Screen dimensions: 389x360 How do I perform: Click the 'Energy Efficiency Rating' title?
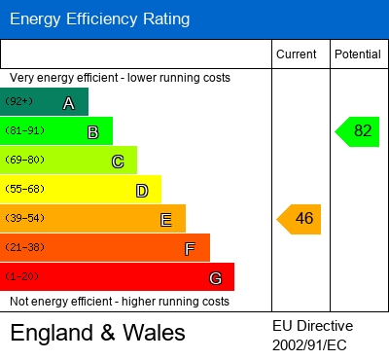(100, 19)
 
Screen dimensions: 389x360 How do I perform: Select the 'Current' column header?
(297, 54)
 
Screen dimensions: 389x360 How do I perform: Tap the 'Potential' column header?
(358, 54)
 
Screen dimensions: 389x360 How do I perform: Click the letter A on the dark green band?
(69, 103)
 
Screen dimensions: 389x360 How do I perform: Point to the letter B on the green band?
(93, 132)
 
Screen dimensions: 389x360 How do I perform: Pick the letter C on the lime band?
(118, 162)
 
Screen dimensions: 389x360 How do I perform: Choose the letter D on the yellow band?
(142, 191)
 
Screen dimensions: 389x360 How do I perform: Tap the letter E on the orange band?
(166, 220)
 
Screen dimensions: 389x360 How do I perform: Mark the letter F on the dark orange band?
(190, 249)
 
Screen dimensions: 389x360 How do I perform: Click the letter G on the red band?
(216, 278)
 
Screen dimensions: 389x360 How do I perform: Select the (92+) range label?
(18, 101)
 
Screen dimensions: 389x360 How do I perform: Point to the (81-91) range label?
(24, 130)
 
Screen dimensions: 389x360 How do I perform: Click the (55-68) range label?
(24, 189)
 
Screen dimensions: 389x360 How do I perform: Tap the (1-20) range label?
(21, 276)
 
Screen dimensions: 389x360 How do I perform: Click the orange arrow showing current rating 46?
(299, 219)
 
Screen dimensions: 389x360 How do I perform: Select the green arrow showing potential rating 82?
(357, 131)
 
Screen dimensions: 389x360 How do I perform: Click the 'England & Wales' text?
(97, 333)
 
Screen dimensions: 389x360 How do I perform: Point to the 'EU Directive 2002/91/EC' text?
(312, 336)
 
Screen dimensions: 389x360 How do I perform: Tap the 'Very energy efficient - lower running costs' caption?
(120, 78)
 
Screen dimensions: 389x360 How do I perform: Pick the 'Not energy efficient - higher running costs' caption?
(120, 302)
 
